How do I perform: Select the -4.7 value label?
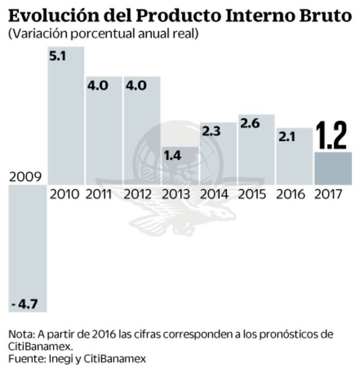click(25, 304)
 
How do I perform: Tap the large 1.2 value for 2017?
click(332, 136)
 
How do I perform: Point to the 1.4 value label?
click(173, 155)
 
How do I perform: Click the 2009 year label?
click(25, 177)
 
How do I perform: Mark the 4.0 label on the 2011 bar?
click(98, 85)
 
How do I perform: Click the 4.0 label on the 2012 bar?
click(136, 85)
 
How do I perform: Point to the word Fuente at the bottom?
click(26, 358)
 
